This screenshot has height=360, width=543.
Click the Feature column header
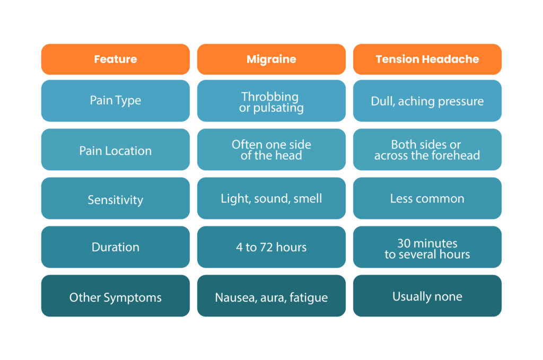(x=115, y=59)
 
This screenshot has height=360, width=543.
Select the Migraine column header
(x=271, y=59)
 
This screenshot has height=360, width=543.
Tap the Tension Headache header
(x=427, y=59)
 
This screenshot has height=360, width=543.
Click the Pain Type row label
(x=115, y=101)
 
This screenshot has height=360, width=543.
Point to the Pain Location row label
(x=115, y=150)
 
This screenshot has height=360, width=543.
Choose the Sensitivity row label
(x=115, y=198)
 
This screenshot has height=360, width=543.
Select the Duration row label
(x=115, y=247)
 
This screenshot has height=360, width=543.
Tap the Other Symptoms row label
(x=115, y=296)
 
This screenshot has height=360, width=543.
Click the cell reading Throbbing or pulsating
(x=271, y=101)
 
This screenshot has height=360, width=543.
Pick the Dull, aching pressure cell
(x=427, y=101)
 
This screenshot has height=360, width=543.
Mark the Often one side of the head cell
(x=271, y=150)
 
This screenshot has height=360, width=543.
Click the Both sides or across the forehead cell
(x=427, y=150)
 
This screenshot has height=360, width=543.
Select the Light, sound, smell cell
(x=271, y=198)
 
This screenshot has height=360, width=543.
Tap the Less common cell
(x=427, y=198)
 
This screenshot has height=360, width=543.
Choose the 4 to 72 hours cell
(x=271, y=247)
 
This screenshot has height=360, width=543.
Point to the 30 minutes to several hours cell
(x=427, y=247)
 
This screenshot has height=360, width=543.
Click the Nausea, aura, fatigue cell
(x=271, y=296)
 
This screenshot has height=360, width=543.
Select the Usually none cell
(x=427, y=296)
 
